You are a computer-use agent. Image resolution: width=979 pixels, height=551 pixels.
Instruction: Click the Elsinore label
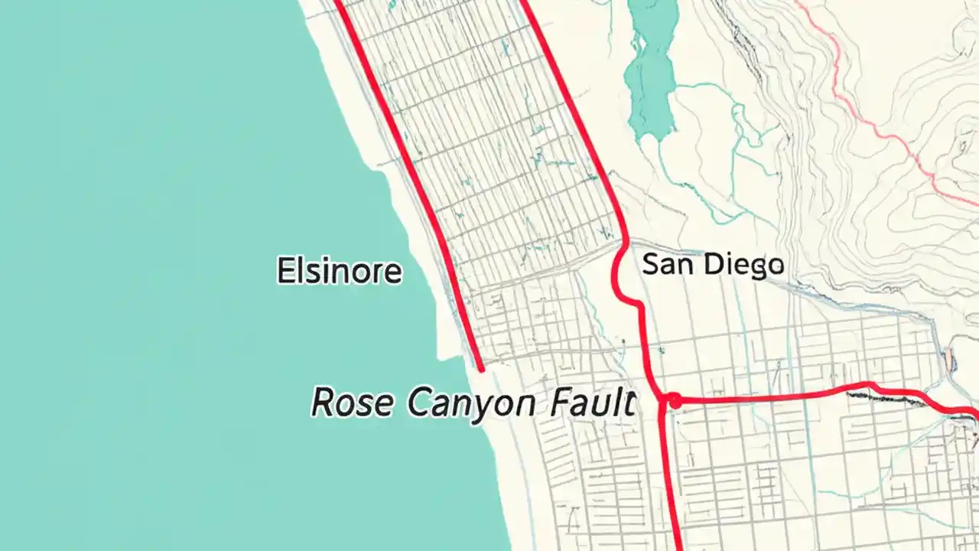click(x=339, y=272)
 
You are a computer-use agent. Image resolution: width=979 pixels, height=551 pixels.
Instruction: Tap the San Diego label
click(x=713, y=265)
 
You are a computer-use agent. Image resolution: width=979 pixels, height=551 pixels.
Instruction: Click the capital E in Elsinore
click(x=285, y=272)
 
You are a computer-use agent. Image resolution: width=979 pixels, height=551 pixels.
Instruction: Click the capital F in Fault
click(x=560, y=403)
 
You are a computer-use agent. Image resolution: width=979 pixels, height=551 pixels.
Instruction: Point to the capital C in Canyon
click(x=419, y=403)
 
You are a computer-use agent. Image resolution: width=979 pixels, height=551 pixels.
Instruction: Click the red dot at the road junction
click(x=674, y=400)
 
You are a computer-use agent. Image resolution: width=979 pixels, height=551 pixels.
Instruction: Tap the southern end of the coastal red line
click(x=481, y=369)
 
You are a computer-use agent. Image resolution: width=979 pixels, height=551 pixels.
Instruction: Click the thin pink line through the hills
click(x=880, y=130)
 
